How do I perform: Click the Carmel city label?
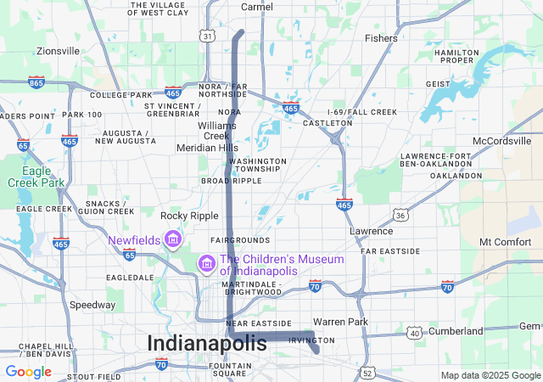tap(257, 7)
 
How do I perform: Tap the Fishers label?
tap(380, 38)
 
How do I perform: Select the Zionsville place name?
tap(58, 51)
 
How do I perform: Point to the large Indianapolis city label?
tap(207, 343)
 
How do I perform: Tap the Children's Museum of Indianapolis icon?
tap(204, 265)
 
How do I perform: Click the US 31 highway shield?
tap(207, 36)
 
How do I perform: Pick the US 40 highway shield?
tap(415, 333)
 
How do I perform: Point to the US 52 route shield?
tap(367, 372)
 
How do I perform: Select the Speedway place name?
tap(92, 305)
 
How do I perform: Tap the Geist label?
tap(438, 84)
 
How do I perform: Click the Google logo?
tap(28, 371)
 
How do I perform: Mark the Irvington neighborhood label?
tap(311, 340)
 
